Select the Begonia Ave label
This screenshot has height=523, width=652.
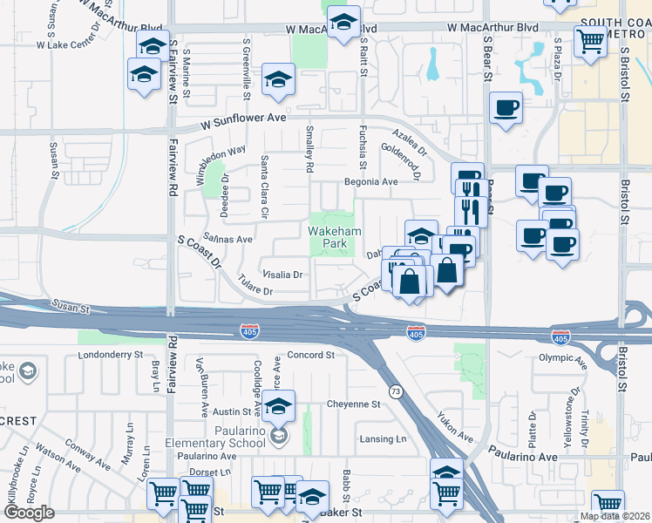click(x=372, y=182)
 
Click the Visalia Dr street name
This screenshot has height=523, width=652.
click(x=282, y=274)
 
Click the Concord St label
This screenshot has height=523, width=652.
click(x=311, y=355)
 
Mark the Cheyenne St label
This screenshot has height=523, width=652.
click(x=354, y=404)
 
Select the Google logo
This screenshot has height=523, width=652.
click(x=29, y=513)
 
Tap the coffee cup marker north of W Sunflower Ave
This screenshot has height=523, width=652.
click(x=506, y=108)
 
